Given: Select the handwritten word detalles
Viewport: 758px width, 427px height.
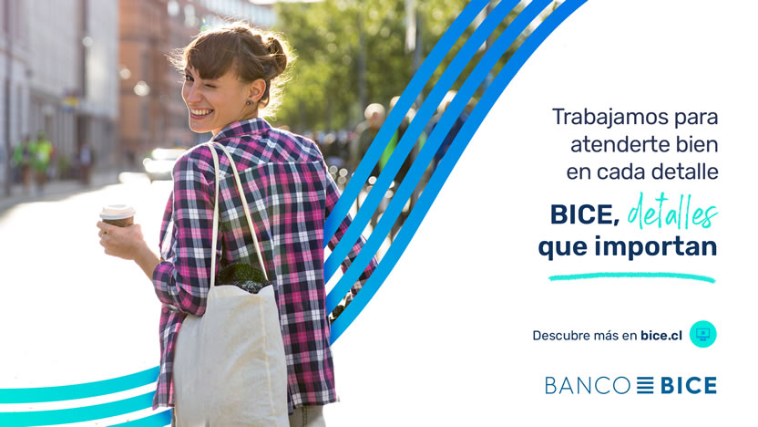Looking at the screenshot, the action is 672,212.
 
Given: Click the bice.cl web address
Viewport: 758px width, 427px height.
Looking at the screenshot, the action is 661,336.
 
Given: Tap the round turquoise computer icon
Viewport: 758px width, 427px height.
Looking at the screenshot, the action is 703,334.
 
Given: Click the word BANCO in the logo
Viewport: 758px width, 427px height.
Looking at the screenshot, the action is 588,386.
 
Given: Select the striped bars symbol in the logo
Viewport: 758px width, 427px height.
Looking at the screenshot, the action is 645,385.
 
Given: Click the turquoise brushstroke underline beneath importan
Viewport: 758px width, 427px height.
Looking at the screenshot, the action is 632,277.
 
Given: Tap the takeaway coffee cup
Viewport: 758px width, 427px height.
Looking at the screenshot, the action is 118,216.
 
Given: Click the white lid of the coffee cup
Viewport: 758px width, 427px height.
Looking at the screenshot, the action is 118,211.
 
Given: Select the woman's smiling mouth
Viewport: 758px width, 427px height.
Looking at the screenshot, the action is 201,113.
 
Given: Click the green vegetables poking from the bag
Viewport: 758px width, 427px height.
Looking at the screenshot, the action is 242,277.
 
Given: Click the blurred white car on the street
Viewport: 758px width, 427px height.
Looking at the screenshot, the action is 162,163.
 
